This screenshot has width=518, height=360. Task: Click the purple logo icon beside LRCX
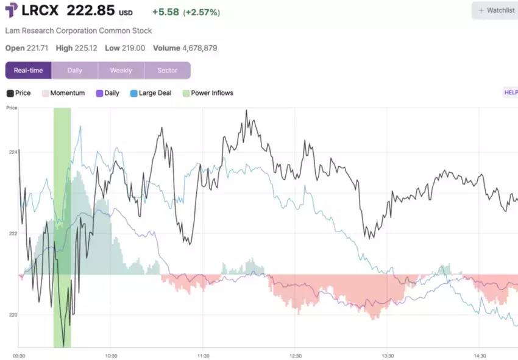(x=12, y=11)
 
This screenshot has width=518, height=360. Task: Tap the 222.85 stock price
(x=91, y=12)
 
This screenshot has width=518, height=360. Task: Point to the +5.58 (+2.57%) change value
(x=186, y=12)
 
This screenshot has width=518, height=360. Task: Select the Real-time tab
(x=29, y=71)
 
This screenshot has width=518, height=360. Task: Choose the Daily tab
(x=74, y=71)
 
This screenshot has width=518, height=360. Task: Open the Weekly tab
(x=121, y=71)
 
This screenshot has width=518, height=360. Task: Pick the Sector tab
(x=167, y=71)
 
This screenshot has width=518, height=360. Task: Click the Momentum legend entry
(x=67, y=93)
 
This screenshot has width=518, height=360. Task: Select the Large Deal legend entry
(x=155, y=93)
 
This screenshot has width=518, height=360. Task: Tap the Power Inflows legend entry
(x=211, y=93)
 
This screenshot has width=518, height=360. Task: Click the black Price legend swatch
(x=10, y=93)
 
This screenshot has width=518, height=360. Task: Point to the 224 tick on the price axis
(x=13, y=152)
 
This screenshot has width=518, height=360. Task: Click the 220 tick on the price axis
(x=13, y=315)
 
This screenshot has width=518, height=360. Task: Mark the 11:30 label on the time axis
(x=203, y=356)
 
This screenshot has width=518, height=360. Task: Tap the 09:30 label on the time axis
(x=19, y=356)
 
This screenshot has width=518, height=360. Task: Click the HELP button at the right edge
(x=510, y=93)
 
